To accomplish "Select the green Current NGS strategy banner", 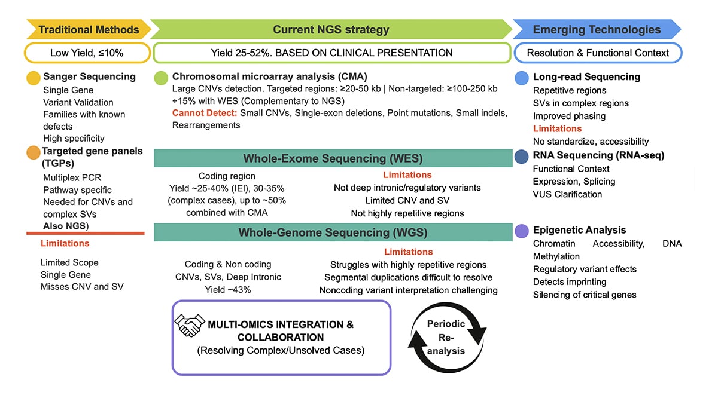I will click(x=330, y=29).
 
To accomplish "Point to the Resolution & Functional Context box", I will click(x=598, y=53).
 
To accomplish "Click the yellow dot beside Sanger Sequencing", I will click(x=34, y=77).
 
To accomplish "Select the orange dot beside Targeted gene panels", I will click(x=34, y=152).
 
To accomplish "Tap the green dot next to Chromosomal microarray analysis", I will click(x=161, y=77).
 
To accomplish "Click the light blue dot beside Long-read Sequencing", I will click(x=522, y=77).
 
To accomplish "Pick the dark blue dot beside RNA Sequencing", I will click(x=522, y=156).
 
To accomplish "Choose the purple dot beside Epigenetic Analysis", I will click(x=522, y=230).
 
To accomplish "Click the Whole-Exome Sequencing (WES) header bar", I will click(x=333, y=158).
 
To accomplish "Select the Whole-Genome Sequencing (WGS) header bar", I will click(x=333, y=232).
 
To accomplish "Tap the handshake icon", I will click(x=190, y=326).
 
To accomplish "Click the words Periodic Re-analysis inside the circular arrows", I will click(x=446, y=337).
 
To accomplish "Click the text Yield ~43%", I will click(x=227, y=290).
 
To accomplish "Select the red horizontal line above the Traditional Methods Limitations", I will click(x=86, y=233).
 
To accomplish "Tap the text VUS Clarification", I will click(x=567, y=194).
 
